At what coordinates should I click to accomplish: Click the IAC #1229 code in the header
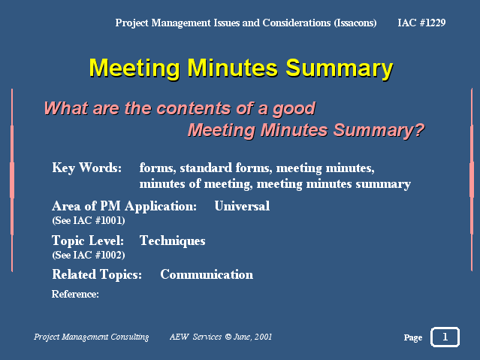point(421,23)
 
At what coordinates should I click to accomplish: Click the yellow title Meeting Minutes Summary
point(241,68)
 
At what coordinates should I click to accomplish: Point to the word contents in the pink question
point(194,108)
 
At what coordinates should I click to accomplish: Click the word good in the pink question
point(294,110)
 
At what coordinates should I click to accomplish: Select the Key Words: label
point(87,168)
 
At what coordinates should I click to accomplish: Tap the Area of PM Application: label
point(124,206)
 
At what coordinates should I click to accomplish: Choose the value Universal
point(242,206)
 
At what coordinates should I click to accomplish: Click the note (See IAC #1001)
point(89,221)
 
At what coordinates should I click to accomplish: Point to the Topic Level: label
point(88,241)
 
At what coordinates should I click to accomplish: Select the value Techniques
point(172,241)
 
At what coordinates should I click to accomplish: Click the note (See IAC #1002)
point(89,256)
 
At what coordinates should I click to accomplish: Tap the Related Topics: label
point(97,274)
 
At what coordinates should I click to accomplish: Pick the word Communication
point(207,274)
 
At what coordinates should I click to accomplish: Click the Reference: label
point(75,294)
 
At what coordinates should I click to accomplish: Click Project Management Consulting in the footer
point(91,337)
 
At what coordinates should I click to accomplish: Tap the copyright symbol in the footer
point(228,337)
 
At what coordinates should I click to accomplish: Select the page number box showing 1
point(445,337)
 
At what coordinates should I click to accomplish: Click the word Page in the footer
point(413,337)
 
